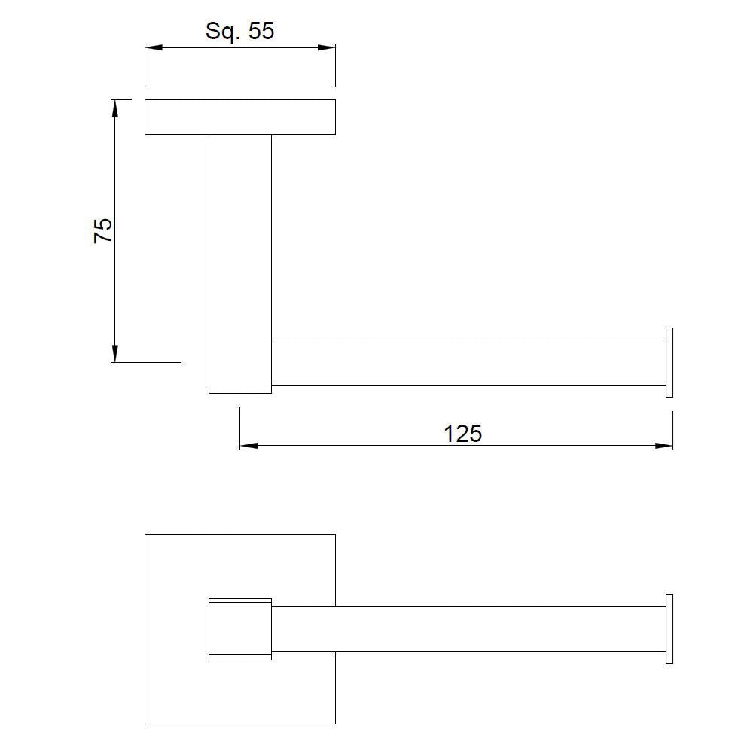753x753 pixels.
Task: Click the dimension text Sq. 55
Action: [x=239, y=31]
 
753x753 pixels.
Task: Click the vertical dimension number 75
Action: [x=103, y=230]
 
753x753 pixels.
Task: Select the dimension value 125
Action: [x=462, y=434]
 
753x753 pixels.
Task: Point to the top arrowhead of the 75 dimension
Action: [x=115, y=108]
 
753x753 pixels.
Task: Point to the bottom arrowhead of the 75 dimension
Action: [x=115, y=353]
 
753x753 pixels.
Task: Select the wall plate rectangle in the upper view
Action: [x=239, y=117]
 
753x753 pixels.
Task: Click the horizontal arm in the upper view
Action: [x=467, y=362]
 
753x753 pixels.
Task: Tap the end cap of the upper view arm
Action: [x=669, y=362]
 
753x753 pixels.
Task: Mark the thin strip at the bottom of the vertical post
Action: [x=239, y=390]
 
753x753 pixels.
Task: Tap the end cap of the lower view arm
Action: [x=669, y=629]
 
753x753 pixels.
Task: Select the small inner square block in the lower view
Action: [x=239, y=629]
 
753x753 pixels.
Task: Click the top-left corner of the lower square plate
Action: [x=145, y=535]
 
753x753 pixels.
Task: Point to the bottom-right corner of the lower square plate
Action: [x=335, y=724]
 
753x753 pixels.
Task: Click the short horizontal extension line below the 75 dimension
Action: [x=151, y=362]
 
